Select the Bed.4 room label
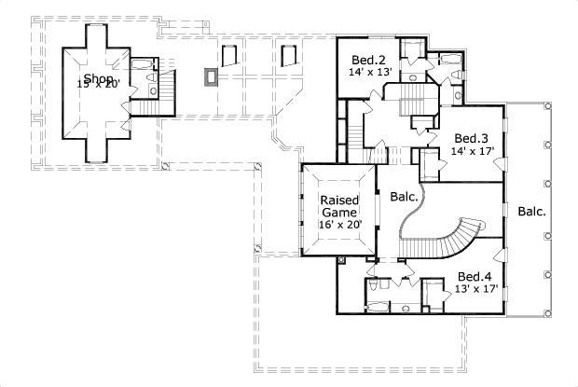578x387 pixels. coord(475,277)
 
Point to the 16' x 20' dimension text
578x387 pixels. coord(340,225)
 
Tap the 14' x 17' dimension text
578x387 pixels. coord(472,150)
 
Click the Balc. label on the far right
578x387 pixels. coord(532,212)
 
